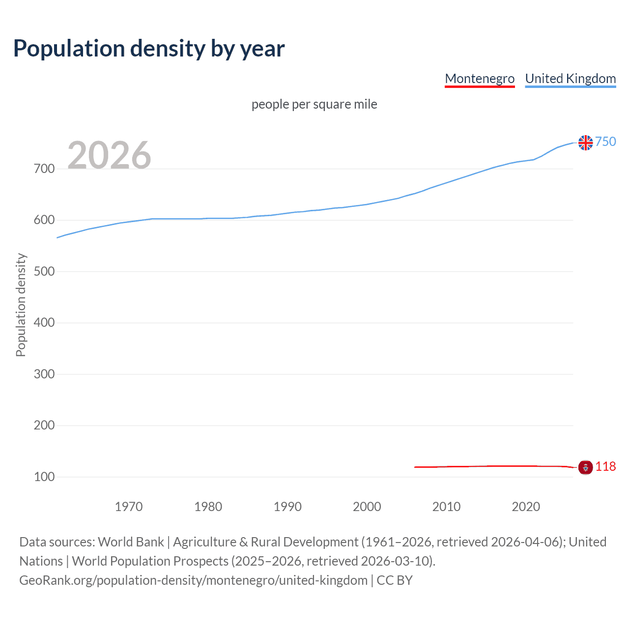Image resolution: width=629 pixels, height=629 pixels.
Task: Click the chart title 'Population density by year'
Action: pyautogui.click(x=149, y=49)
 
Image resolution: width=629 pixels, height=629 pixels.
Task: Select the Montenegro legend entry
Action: pyautogui.click(x=480, y=79)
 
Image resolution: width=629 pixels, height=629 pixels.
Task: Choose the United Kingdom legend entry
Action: pyautogui.click(x=570, y=79)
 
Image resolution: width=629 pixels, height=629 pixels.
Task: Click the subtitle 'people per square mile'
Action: pyautogui.click(x=314, y=104)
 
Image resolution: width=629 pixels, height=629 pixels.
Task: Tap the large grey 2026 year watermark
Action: pyautogui.click(x=109, y=155)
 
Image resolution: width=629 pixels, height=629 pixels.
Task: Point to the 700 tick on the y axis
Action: pyautogui.click(x=44, y=169)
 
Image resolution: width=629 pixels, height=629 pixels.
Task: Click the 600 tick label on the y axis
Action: pyautogui.click(x=44, y=220)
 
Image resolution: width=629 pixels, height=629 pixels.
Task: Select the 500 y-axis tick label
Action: pyautogui.click(x=44, y=271)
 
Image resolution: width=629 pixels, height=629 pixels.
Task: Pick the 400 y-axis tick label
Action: pyautogui.click(x=44, y=323)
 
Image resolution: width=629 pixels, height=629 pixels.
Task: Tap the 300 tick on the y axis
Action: pyautogui.click(x=44, y=374)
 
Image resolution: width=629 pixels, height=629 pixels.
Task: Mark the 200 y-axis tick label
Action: pyautogui.click(x=44, y=426)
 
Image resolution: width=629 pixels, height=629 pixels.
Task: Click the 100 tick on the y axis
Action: pyautogui.click(x=44, y=477)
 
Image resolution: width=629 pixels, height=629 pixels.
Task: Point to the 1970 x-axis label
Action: pyautogui.click(x=129, y=507)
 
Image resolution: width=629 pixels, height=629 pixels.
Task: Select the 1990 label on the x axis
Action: pyautogui.click(x=287, y=507)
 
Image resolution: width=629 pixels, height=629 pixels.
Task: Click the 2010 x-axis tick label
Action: pyautogui.click(x=446, y=507)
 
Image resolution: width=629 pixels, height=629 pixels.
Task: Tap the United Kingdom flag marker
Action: pyautogui.click(x=585, y=143)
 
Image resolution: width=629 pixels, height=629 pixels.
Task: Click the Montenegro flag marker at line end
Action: pyautogui.click(x=585, y=467)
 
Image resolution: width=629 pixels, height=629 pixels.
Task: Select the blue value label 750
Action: pyautogui.click(x=605, y=142)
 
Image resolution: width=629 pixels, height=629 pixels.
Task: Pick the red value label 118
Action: pyautogui.click(x=605, y=466)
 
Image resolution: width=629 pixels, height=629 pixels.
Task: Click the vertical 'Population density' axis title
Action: pyautogui.click(x=21, y=305)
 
